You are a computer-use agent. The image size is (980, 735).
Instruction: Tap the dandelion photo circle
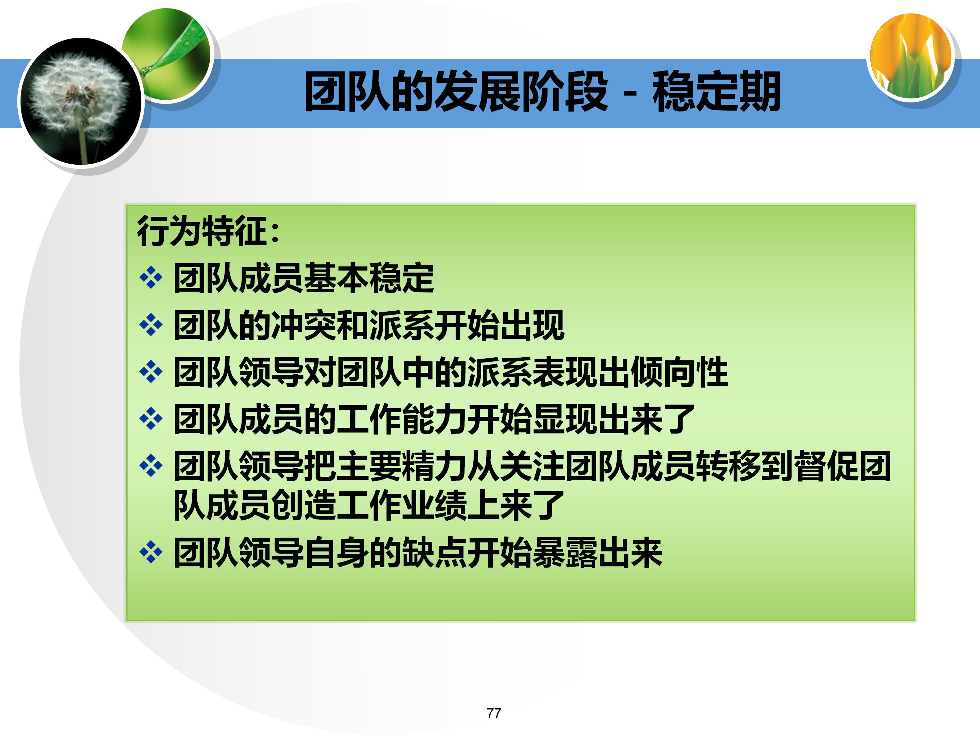[x=80, y=102]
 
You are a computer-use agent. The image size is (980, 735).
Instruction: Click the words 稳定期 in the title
[x=716, y=92]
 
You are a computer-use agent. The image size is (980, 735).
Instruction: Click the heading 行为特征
[x=201, y=231]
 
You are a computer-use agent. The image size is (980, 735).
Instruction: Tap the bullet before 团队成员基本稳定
[x=151, y=278]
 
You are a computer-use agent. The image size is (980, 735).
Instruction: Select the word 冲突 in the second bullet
[x=304, y=326]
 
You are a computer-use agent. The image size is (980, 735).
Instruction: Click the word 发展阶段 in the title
[x=521, y=92]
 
